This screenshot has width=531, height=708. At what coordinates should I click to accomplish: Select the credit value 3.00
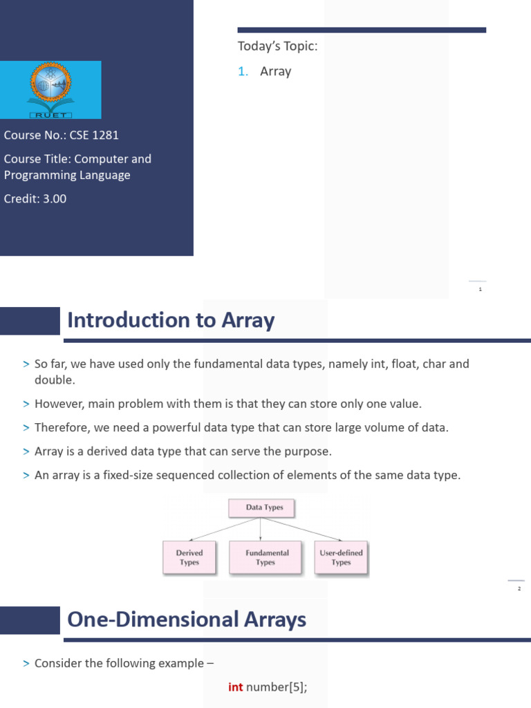click(x=54, y=198)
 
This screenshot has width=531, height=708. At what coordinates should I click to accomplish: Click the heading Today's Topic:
click(x=277, y=46)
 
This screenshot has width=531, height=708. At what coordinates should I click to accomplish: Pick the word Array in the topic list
click(x=275, y=71)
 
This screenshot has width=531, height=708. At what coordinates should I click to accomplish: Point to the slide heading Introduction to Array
click(x=171, y=320)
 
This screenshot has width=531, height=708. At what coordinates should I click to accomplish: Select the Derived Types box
click(x=189, y=557)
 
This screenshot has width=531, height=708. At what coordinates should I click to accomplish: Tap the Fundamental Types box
click(x=265, y=557)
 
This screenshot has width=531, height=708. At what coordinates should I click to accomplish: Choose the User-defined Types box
click(x=341, y=557)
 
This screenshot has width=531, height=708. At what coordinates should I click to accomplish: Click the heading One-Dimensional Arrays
click(x=187, y=619)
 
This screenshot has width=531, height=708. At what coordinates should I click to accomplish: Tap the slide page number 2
click(x=519, y=588)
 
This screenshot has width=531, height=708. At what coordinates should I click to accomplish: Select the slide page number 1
click(x=480, y=289)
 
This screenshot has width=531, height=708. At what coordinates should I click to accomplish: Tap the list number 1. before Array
click(x=243, y=71)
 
